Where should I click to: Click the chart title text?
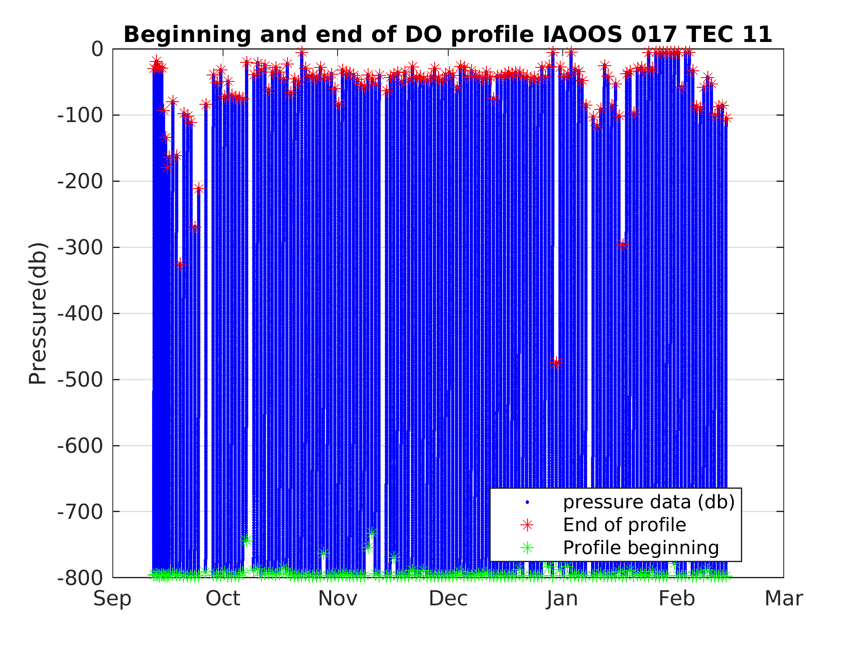point(447,35)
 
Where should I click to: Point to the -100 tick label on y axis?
point(80,115)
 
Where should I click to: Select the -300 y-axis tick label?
point(80,248)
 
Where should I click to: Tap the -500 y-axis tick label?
point(80,380)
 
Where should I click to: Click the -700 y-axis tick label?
point(80,512)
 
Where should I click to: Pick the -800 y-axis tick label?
point(80,578)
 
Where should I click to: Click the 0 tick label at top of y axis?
point(98,49)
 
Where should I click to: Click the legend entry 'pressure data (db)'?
point(648,502)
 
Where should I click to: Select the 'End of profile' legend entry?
point(624,525)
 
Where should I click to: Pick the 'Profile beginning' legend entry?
point(640,548)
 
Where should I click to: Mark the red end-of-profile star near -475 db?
point(557,362)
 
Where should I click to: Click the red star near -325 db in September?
point(180,264)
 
